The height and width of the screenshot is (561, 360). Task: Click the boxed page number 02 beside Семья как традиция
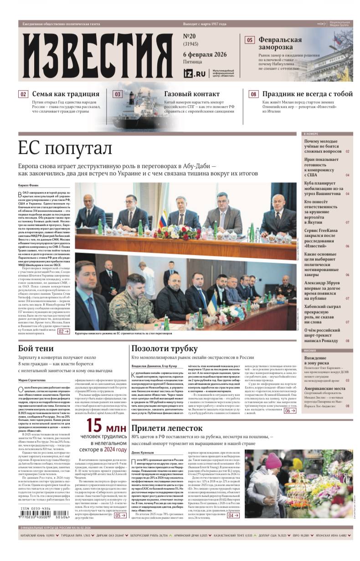23,94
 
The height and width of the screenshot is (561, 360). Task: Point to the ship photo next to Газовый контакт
132,108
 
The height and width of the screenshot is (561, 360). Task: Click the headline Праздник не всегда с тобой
307,94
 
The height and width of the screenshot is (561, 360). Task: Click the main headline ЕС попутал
65,148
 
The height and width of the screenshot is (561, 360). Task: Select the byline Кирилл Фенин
28,185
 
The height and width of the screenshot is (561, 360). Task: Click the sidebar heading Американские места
325,388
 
